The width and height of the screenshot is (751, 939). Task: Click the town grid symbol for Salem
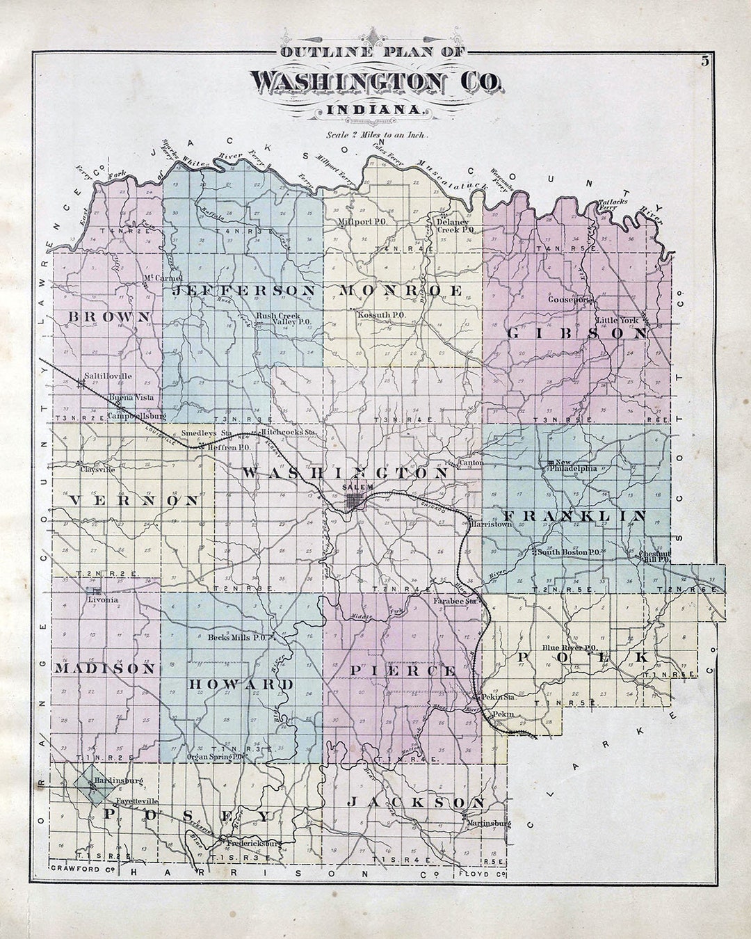(355, 501)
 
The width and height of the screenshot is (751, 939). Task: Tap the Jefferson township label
(244, 290)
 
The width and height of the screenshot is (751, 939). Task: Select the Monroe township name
(401, 290)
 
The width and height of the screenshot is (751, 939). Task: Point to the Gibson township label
(577, 333)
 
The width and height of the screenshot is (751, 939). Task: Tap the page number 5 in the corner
(705, 61)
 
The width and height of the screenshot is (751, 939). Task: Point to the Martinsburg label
(489, 824)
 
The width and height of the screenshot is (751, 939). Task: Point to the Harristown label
(491, 524)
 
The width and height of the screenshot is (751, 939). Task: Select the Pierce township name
(403, 671)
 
